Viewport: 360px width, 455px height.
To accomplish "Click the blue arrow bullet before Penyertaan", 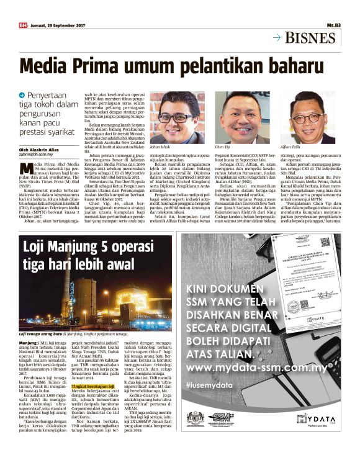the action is tap(22, 94).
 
